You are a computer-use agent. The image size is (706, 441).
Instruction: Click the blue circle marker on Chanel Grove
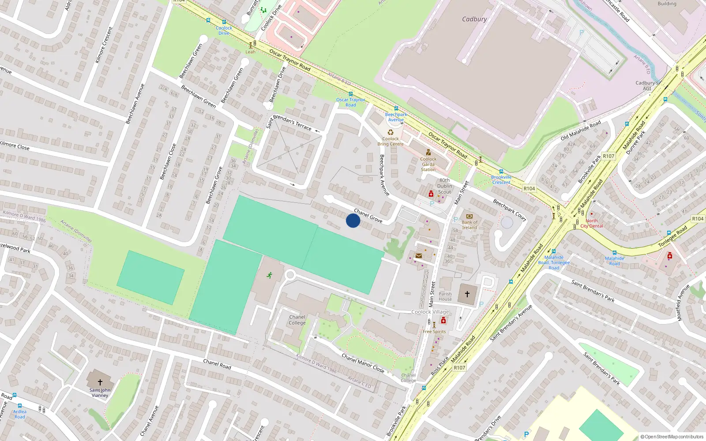(353, 220)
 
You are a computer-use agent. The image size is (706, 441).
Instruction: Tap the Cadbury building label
(474, 19)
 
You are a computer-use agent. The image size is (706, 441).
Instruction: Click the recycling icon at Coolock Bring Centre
(391, 132)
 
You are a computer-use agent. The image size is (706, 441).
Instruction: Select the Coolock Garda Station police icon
(428, 152)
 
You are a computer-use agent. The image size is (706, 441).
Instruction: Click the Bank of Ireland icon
(469, 216)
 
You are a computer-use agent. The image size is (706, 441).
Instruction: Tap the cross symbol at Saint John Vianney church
(100, 382)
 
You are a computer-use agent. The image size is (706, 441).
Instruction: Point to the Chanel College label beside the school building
(297, 320)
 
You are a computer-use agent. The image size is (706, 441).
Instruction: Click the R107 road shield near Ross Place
(459, 367)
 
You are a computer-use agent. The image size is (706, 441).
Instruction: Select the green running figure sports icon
(269, 275)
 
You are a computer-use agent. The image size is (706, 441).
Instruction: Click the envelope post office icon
(419, 255)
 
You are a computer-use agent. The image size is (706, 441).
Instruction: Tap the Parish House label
(445, 296)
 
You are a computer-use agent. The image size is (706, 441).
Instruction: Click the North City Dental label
(592, 223)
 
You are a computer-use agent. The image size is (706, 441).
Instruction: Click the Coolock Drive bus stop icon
(224, 22)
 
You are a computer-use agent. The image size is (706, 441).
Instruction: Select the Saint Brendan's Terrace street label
(289, 122)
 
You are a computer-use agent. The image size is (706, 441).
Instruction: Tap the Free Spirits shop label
(434, 332)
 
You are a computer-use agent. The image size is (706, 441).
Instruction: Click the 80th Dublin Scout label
(444, 186)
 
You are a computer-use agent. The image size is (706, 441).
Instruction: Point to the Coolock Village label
(430, 312)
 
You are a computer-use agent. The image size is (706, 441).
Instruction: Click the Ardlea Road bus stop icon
(19, 406)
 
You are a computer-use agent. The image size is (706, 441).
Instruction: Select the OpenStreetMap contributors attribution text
(672, 437)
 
